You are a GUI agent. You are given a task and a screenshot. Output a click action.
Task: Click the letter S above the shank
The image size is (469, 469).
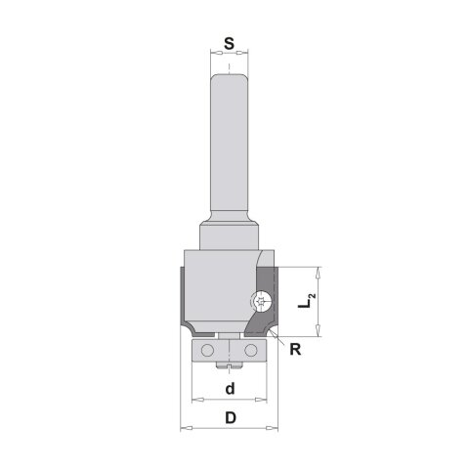(x=228, y=44)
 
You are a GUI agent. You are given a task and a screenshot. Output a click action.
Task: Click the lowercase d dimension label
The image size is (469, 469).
(x=229, y=389)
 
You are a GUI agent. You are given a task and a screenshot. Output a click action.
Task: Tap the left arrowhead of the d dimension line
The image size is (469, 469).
(x=194, y=400)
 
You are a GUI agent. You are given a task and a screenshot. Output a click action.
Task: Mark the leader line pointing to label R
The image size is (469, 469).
(x=279, y=338)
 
